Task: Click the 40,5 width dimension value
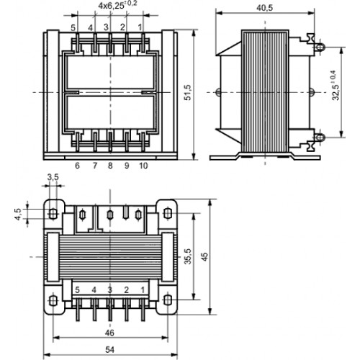[x=265, y=8]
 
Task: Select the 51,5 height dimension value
[x=187, y=92]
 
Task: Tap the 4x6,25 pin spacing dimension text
[x=117, y=5]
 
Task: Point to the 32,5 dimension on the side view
[x=337, y=85]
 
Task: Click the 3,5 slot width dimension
[x=53, y=177]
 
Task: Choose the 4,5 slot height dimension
[x=18, y=214]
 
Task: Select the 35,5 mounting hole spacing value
[x=188, y=256]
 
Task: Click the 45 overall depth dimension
[x=204, y=257]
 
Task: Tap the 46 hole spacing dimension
[x=109, y=333]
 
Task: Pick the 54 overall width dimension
[x=110, y=350]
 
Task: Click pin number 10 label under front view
[x=143, y=166]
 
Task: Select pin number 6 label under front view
[x=77, y=166]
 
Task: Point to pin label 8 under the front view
[x=110, y=166]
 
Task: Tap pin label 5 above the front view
[x=73, y=28]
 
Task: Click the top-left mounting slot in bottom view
[x=53, y=214]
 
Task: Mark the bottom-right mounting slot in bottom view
[x=168, y=300]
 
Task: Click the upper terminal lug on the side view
[x=320, y=47]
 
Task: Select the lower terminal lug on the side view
[x=320, y=138]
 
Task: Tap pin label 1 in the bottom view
[x=143, y=290]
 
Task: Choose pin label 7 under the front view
[x=95, y=166]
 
